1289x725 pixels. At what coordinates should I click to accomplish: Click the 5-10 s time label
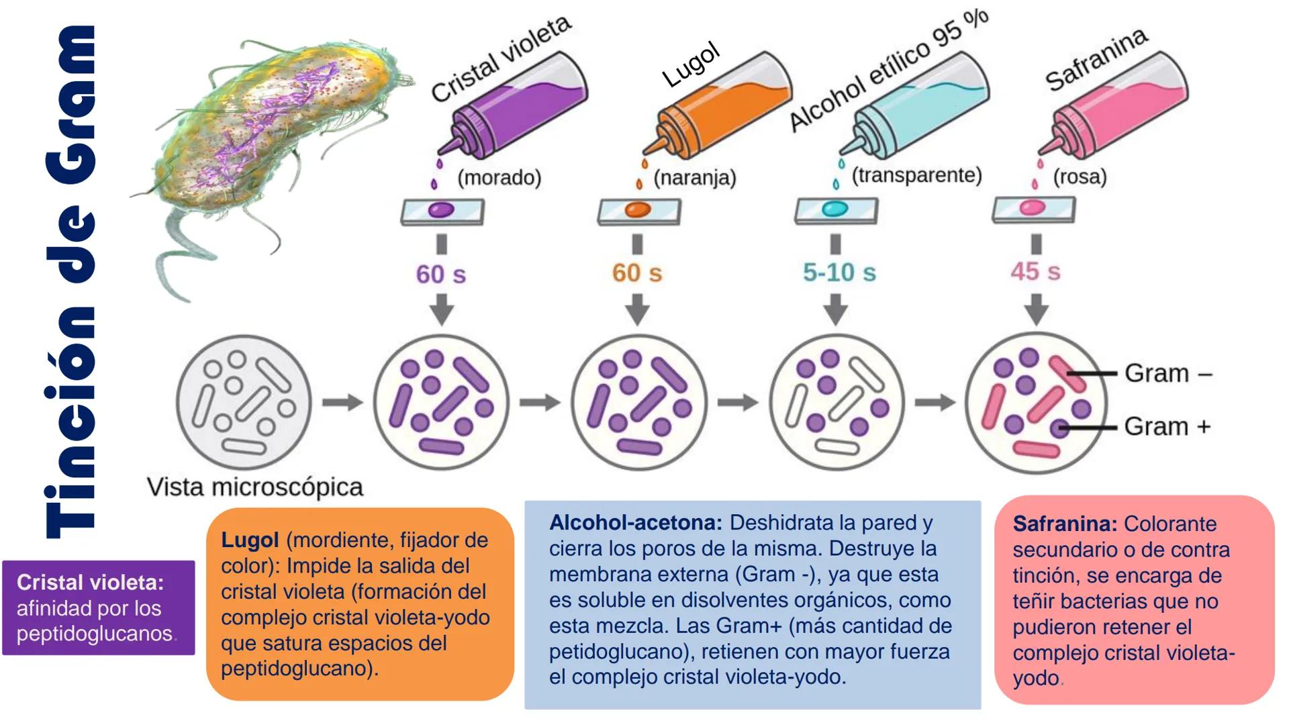point(839,273)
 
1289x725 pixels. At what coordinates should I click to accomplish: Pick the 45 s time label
point(1035,272)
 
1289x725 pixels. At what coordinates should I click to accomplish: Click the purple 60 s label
point(440,274)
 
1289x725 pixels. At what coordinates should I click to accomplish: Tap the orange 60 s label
point(636,273)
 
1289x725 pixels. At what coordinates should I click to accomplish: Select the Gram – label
point(1168,373)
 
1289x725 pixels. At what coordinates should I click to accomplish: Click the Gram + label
point(1167,426)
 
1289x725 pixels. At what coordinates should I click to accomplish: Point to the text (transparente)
point(916,175)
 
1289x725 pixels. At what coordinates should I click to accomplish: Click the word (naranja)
point(695,178)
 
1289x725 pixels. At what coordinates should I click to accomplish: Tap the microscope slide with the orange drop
point(638,211)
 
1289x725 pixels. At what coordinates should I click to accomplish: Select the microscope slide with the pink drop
point(1034,209)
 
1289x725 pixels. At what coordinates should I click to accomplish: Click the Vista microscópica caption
point(255,487)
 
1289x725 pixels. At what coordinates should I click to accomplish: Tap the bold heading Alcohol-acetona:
point(635,522)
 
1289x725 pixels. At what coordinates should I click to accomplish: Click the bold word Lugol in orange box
point(250,540)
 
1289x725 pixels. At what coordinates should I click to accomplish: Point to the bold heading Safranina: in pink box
point(1065,524)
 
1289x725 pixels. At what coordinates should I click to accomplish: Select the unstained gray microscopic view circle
point(244,402)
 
